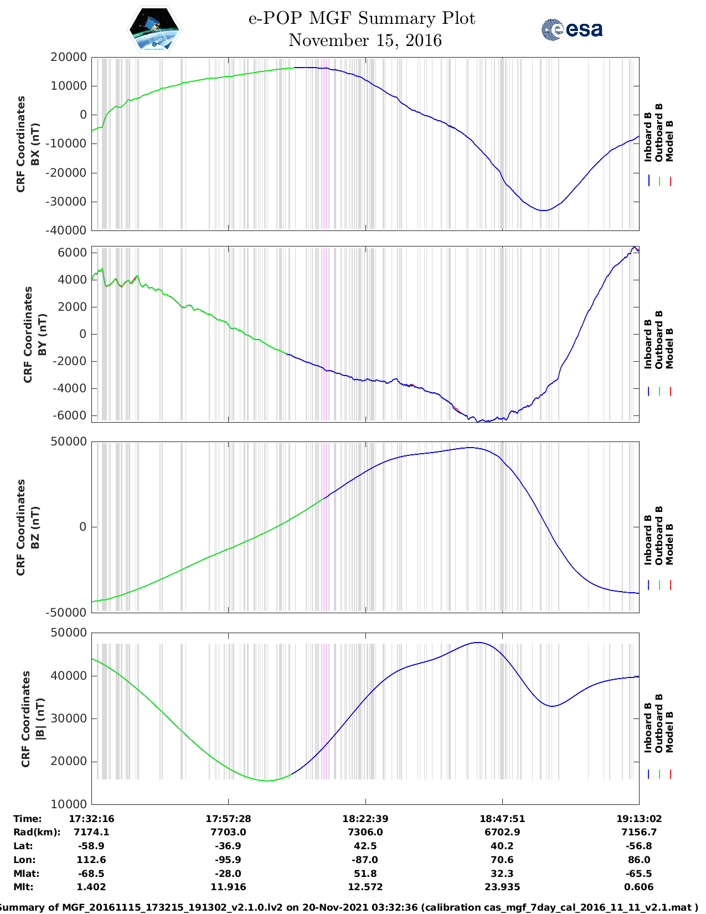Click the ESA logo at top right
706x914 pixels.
click(x=572, y=29)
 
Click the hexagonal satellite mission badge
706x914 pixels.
click(x=154, y=29)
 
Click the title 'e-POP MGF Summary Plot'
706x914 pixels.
click(x=362, y=18)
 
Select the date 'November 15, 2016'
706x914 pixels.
click(x=365, y=40)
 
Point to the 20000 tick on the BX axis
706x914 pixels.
click(x=68, y=57)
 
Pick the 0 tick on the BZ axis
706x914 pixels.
click(x=83, y=527)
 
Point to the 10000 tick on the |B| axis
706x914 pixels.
click(x=68, y=804)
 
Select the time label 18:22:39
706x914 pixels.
click(x=365, y=819)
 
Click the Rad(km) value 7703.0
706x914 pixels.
click(x=228, y=832)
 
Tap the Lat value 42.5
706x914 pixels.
click(x=365, y=846)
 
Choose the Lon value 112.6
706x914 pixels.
click(x=91, y=860)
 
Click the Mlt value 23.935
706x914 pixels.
click(x=502, y=887)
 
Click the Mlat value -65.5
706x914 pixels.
click(x=639, y=874)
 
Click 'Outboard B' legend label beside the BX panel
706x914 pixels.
click(x=659, y=133)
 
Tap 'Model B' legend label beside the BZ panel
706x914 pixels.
click(x=669, y=544)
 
